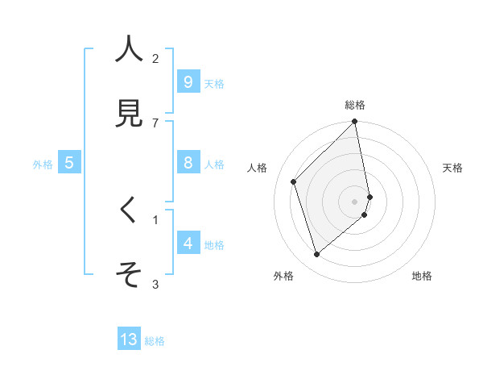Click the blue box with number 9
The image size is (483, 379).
coord(188,81)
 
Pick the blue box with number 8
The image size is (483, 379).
coord(188,163)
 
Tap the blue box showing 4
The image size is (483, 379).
coord(188,244)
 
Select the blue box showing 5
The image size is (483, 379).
coord(69,163)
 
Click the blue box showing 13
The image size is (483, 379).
coord(129,339)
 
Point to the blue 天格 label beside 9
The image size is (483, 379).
coord(214,83)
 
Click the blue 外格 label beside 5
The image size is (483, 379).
coord(43,165)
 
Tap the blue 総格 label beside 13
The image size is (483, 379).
coord(155,341)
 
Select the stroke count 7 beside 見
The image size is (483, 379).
coord(155,123)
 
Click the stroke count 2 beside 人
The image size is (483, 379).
coord(155,58)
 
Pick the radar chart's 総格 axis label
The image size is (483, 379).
coord(355,105)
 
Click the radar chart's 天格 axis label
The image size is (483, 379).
coord(453,168)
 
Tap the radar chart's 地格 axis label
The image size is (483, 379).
coord(422,276)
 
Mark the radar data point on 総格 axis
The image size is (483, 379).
coord(355,123)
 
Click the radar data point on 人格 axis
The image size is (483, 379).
coord(294,181)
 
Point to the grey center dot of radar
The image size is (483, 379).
coord(355,201)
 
